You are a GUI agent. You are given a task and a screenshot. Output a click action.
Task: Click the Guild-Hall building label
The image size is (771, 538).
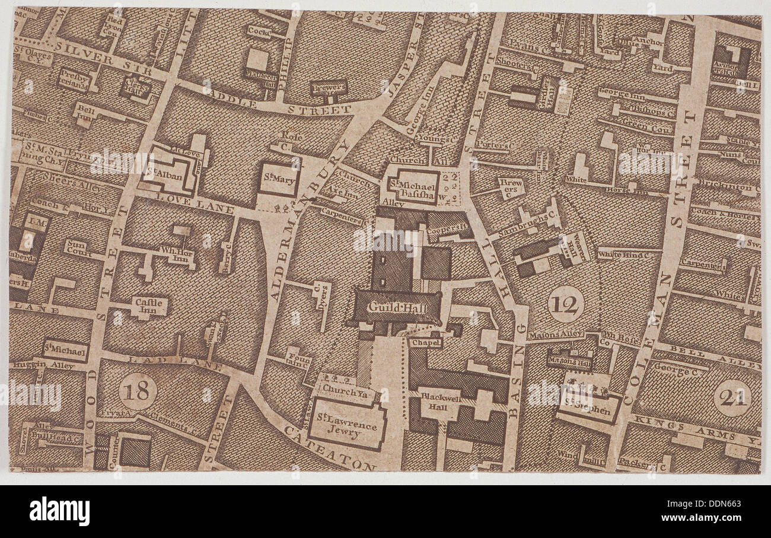(395, 307)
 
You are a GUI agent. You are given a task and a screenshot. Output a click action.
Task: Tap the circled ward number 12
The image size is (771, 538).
(565, 304)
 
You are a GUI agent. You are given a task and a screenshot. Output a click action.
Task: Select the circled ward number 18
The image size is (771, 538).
(138, 391)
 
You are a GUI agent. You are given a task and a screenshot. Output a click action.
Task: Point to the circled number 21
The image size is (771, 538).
(732, 398)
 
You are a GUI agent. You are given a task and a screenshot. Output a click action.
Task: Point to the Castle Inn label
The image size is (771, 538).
(149, 305)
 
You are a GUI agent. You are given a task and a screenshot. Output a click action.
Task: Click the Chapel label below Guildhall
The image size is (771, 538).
(425, 343)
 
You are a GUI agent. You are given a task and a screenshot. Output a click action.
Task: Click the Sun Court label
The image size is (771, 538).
(76, 247)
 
